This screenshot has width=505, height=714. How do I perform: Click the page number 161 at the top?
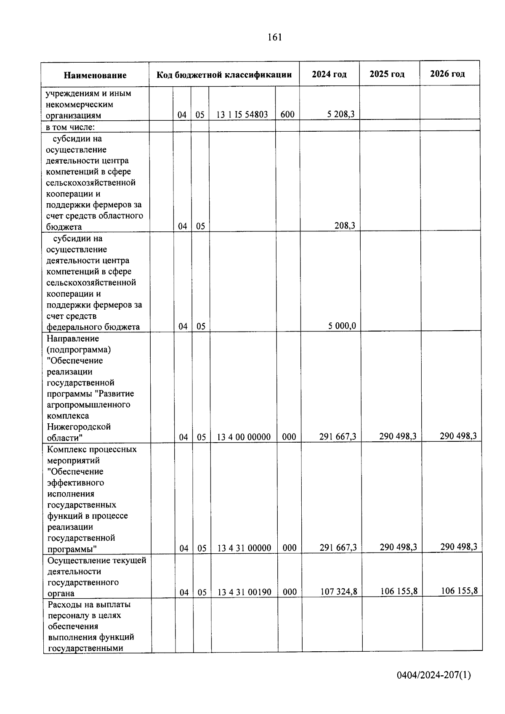[x=274, y=37]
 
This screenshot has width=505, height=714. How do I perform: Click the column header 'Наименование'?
[x=95, y=75]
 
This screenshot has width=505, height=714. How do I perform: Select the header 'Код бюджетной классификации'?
[x=224, y=75]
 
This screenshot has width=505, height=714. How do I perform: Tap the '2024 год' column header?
[x=329, y=74]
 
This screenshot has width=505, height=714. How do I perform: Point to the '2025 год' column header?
[x=387, y=74]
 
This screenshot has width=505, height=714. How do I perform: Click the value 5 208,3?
[x=342, y=114]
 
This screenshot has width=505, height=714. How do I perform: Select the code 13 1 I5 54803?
[x=242, y=114]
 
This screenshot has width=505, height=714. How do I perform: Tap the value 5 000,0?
[x=342, y=326]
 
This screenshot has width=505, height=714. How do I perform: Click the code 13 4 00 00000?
[x=244, y=437]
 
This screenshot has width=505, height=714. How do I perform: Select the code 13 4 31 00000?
[x=244, y=548]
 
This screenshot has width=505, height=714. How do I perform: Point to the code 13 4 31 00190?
[x=244, y=592]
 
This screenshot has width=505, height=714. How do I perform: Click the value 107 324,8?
[x=338, y=592]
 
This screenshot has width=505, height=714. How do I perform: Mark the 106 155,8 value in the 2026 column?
[x=459, y=591]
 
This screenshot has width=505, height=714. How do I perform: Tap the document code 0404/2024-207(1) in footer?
[x=433, y=675]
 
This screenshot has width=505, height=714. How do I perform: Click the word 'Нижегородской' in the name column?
[x=79, y=427]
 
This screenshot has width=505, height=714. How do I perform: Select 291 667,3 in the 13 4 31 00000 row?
[x=338, y=547]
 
